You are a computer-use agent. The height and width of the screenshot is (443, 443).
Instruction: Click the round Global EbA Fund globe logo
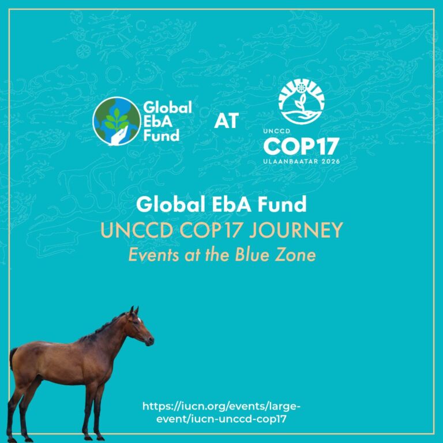coord(117,121)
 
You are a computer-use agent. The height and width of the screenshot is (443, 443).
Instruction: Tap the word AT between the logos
coord(227,121)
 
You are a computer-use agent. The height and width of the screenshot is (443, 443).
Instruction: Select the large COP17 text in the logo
coord(301,147)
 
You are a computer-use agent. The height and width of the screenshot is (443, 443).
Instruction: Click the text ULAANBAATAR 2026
coord(302,162)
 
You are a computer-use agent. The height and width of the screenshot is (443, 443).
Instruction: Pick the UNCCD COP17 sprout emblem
coord(302,102)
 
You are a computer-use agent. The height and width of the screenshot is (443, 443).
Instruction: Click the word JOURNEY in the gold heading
coord(296,230)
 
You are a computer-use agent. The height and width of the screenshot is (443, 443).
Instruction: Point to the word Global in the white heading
coord(170,204)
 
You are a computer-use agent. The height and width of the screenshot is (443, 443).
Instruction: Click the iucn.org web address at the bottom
coord(221,412)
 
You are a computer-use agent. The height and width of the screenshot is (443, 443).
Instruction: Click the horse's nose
coord(151,341)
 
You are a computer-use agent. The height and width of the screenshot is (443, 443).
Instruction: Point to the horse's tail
coord(13,358)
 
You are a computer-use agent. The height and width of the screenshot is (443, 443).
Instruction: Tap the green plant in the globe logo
coord(117,120)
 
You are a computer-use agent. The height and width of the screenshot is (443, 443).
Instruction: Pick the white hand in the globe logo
coord(119,137)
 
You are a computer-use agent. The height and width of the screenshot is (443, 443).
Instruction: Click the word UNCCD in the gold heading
coord(137,230)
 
